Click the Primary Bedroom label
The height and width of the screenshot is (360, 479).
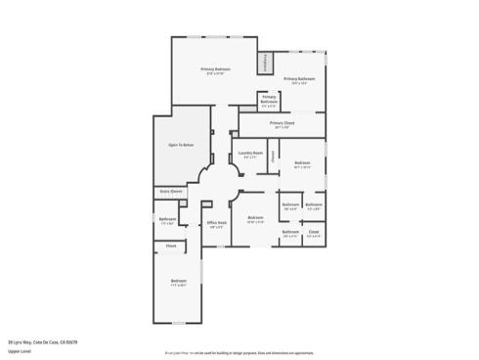(x=216, y=69)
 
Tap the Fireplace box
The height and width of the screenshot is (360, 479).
(x=263, y=64)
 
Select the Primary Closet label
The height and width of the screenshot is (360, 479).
(x=283, y=123)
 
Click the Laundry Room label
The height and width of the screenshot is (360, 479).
(x=249, y=154)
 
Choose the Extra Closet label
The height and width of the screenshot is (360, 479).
(x=171, y=191)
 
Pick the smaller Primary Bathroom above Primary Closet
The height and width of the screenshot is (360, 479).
(x=269, y=101)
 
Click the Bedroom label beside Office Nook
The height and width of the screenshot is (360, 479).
(x=255, y=217)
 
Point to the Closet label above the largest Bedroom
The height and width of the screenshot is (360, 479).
(x=171, y=246)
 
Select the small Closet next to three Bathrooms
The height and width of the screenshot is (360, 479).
(x=314, y=232)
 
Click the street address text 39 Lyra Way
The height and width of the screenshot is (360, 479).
(x=42, y=341)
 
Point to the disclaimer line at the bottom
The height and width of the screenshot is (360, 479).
(x=239, y=350)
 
